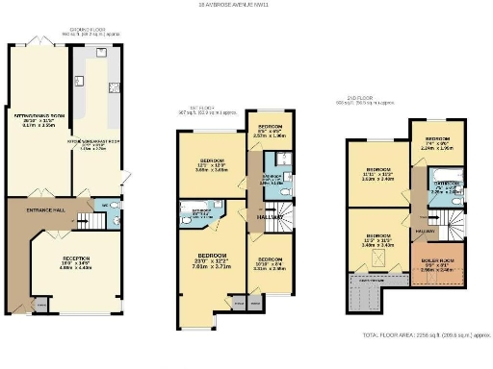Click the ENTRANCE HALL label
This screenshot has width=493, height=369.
pyautogui.click(x=45, y=208)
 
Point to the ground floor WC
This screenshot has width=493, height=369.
pyautogui.click(x=109, y=206)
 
